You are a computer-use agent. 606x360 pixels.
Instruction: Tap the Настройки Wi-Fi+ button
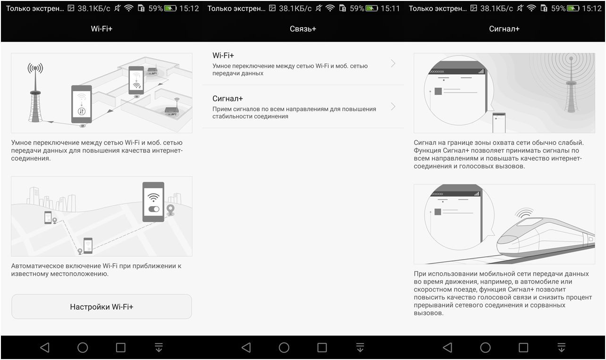[x=101, y=307]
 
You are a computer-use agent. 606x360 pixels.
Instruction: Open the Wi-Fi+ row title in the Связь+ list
[x=223, y=56]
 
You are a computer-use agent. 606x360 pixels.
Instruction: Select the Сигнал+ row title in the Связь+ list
[x=227, y=99]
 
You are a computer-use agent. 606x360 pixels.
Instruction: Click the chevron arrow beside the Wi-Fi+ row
[x=393, y=64]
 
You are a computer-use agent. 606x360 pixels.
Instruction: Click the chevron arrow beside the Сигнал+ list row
[x=393, y=107]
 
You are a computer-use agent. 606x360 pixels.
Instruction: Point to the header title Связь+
[x=303, y=29]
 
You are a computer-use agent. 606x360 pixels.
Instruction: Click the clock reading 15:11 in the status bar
[x=390, y=8]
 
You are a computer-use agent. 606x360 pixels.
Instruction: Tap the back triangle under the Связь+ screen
[x=246, y=348]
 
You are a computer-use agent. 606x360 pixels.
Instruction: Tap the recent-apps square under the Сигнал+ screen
[x=523, y=348]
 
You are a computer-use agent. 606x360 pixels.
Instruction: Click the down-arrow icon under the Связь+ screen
[x=360, y=348]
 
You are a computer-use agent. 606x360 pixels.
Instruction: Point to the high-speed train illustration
[x=543, y=238]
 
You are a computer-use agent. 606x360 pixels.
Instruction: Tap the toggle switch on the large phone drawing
[x=153, y=209]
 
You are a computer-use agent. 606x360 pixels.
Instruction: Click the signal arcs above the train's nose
[x=524, y=213]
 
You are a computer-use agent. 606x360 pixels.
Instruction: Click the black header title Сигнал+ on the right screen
[x=504, y=29]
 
